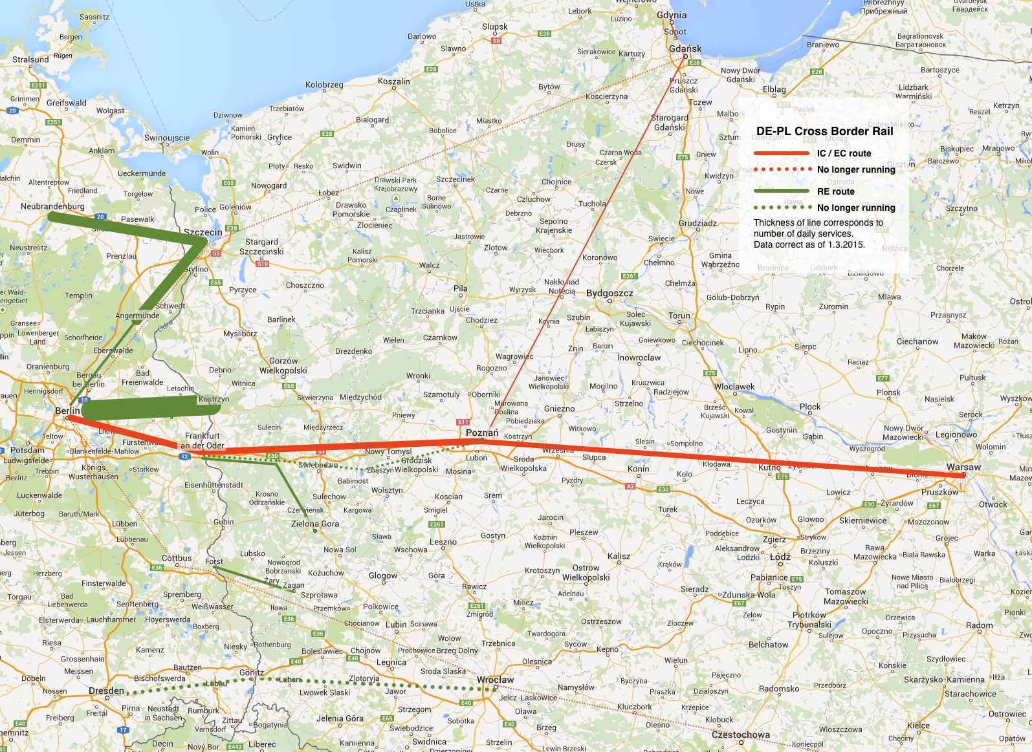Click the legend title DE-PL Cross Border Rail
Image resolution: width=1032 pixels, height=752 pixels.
coord(824,131)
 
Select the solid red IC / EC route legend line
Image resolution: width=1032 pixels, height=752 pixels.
coord(782,153)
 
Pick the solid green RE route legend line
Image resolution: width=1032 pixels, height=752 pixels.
coord(782,191)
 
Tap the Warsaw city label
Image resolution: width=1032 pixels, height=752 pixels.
coord(963,467)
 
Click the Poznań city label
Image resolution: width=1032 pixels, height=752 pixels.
coord(482,433)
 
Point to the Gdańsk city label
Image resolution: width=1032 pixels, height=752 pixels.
coord(685,48)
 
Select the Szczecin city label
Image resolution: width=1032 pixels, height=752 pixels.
coord(203,232)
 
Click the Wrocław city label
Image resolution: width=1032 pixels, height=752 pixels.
coord(495,680)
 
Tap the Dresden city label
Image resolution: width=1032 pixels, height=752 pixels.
coord(106,691)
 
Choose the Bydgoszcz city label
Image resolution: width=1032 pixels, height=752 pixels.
coord(609,293)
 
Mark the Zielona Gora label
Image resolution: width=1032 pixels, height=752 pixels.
coord(315,524)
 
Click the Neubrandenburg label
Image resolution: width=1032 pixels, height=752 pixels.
coord(52,206)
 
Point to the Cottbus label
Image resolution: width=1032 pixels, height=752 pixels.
coord(177,557)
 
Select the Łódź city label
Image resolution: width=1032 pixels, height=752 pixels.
coord(780,556)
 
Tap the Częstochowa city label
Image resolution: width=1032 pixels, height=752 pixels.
coord(741,735)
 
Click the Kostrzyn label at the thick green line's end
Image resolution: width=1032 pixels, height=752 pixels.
coord(214,399)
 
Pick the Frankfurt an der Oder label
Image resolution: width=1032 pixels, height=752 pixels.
coord(203,440)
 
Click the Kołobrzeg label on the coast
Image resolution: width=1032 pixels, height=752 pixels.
coord(324,85)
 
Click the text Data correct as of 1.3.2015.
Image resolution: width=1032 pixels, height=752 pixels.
coord(809,244)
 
